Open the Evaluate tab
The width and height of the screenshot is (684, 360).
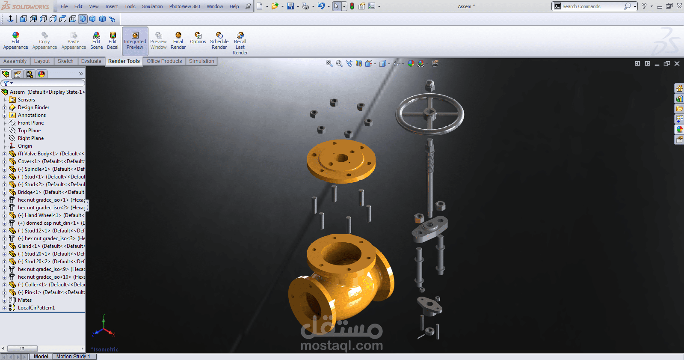point(91,61)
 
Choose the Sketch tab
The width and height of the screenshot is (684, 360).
point(65,61)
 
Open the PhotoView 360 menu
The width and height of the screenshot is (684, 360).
point(184,6)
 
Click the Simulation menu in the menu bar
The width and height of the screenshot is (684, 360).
point(152,6)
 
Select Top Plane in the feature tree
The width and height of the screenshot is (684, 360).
point(29,131)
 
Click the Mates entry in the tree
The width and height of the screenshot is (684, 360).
point(24,300)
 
